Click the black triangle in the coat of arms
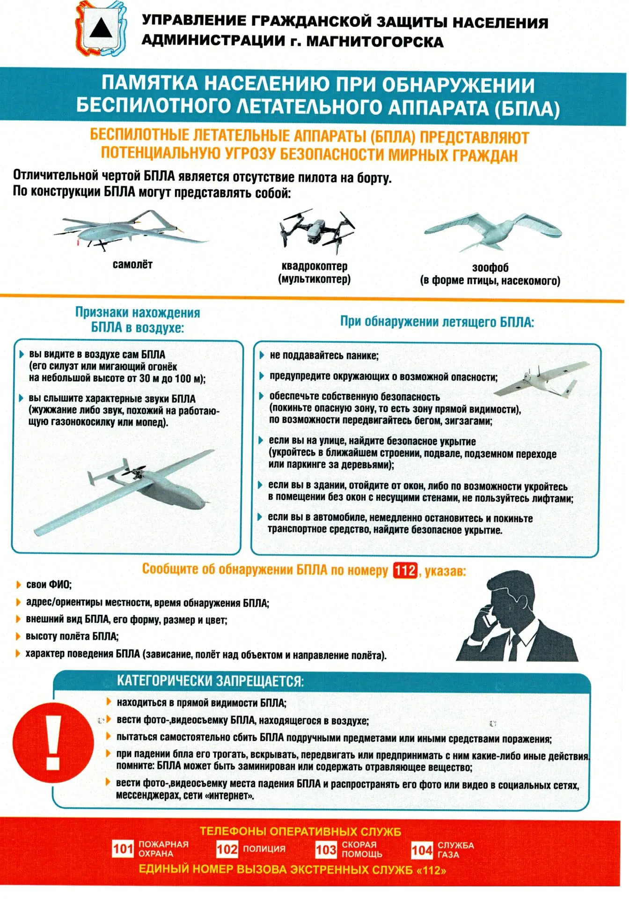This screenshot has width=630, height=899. [101, 29]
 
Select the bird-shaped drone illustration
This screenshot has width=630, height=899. [493, 230]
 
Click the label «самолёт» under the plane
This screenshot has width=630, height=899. [132, 264]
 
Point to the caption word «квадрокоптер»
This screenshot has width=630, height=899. [315, 266]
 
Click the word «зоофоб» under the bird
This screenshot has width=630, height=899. [490, 268]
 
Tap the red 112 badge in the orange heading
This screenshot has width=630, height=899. [405, 570]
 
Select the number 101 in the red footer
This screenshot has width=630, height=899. [123, 848]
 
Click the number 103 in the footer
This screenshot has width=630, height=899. [326, 849]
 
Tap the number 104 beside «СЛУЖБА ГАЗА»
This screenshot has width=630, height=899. [422, 850]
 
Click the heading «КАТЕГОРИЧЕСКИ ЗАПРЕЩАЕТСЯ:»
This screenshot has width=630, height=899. [210, 681]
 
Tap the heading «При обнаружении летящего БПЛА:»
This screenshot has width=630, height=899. [437, 322]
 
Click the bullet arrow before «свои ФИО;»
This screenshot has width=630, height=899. [19, 584]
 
